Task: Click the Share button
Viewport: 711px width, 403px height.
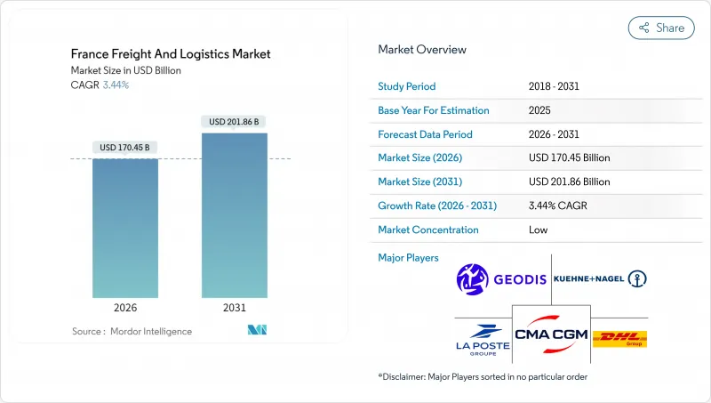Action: pos(661,28)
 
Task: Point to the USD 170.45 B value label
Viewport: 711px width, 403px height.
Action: pos(125,148)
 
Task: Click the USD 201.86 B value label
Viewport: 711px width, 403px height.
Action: pos(235,122)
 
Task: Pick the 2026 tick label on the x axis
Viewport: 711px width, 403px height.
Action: pos(125,308)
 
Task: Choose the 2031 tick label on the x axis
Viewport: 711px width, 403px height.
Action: pos(235,308)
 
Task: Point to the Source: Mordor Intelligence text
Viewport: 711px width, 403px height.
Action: pos(132,331)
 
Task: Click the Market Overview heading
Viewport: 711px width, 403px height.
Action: pos(422,49)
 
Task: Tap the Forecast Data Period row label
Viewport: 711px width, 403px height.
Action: pos(425,134)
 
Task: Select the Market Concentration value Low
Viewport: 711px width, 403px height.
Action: pos(537,230)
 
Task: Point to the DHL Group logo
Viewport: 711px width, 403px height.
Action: pos(619,339)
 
